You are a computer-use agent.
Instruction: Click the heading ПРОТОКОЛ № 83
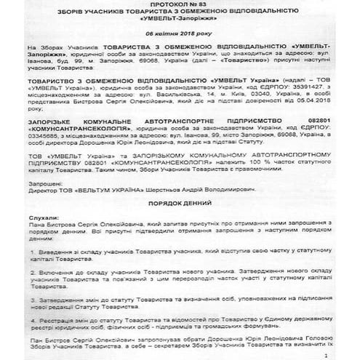pyautogui.click(x=180, y=7)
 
